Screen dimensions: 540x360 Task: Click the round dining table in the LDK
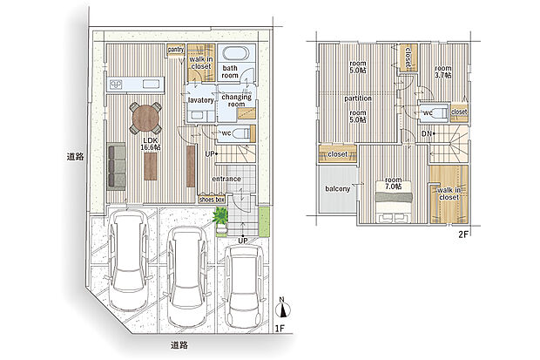click(x=146, y=118)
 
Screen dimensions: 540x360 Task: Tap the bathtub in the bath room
click(x=236, y=53)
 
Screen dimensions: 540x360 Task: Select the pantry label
click(x=176, y=50)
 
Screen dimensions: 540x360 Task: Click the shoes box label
click(x=212, y=200)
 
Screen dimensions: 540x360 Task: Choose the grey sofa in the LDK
click(x=117, y=166)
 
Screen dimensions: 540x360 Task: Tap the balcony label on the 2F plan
click(x=338, y=189)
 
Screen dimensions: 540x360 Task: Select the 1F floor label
click(x=280, y=329)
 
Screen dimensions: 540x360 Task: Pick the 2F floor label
click(x=463, y=234)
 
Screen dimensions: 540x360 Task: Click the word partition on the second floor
click(x=358, y=98)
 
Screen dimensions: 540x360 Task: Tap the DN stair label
click(x=427, y=133)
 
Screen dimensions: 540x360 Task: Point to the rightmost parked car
click(x=244, y=286)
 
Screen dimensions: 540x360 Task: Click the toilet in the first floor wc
click(x=242, y=133)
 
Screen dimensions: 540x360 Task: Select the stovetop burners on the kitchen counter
click(x=116, y=84)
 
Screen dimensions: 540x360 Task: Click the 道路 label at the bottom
click(x=179, y=345)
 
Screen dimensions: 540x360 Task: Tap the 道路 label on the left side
click(x=75, y=157)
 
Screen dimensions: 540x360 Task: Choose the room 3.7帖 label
click(x=442, y=71)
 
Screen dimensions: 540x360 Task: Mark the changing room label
click(x=236, y=100)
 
